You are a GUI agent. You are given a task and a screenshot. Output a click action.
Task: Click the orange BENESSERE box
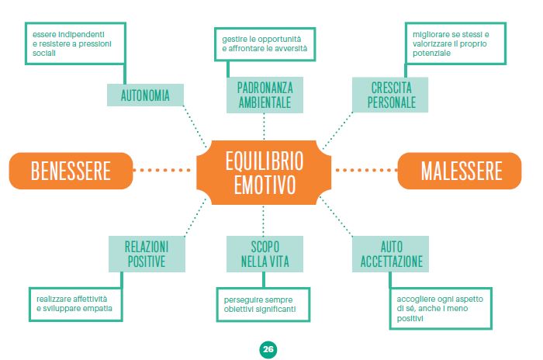[71, 170]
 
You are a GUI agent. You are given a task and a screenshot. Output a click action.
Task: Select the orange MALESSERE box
[462, 170]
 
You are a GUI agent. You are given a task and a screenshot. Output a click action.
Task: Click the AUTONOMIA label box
[145, 95]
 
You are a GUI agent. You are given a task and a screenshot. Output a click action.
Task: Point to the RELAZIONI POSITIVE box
[146, 254]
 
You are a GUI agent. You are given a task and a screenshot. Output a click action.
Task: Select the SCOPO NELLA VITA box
[265, 254]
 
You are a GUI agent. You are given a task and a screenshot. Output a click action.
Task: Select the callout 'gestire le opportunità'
[265, 43]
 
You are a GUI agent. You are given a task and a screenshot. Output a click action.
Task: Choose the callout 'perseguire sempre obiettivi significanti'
[262, 303]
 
